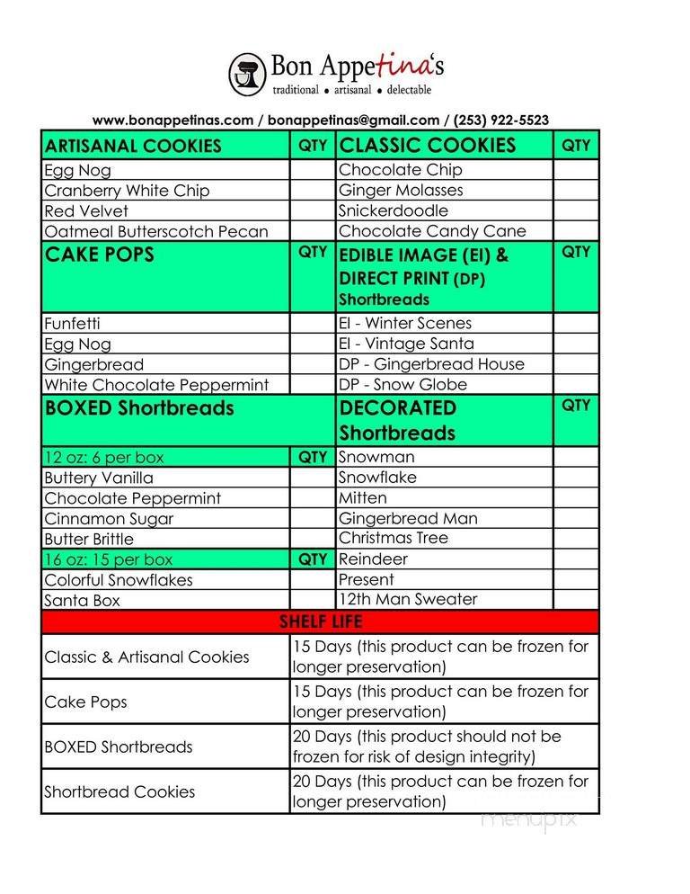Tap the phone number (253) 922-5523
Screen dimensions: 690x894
[x=501, y=120]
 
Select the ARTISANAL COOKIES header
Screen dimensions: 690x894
[x=133, y=146]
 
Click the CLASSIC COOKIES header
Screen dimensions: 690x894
[x=428, y=146]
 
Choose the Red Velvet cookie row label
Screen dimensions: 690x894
[x=86, y=211]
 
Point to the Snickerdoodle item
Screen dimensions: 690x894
[x=394, y=210]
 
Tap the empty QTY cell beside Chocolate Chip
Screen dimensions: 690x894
[x=575, y=170]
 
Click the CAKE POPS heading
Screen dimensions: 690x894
[x=100, y=255]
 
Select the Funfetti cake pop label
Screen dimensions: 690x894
[x=73, y=324]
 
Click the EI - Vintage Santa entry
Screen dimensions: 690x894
[x=406, y=344]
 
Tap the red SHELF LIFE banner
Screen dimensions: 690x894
[x=320, y=621]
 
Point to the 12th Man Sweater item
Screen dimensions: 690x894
[x=408, y=599]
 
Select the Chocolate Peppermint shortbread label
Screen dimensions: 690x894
[x=132, y=498]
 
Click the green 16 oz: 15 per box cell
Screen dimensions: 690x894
[x=108, y=559]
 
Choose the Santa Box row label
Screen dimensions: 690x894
[x=82, y=601]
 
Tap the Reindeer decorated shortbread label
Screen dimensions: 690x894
[x=373, y=559]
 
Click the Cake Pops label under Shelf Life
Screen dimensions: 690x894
[x=85, y=702]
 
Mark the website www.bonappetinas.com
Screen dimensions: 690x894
[x=172, y=120]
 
